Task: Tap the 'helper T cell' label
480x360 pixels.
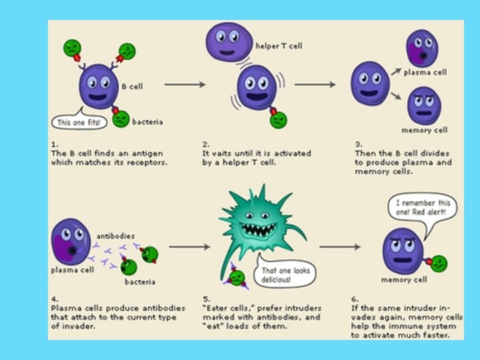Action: [x=279, y=46]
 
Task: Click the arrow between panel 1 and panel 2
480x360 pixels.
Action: [x=183, y=85]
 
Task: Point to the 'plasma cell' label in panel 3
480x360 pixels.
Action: [x=425, y=72]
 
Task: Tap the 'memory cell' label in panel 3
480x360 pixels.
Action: [x=424, y=130]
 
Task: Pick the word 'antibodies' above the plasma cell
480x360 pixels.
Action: [x=115, y=235]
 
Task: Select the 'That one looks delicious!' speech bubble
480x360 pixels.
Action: [x=285, y=275]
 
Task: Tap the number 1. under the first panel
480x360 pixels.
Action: [x=55, y=143]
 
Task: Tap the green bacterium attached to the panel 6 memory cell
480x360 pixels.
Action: [x=439, y=263]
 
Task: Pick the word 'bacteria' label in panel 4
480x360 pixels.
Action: [x=139, y=281]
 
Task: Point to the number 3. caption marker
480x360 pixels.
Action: [x=357, y=143]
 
